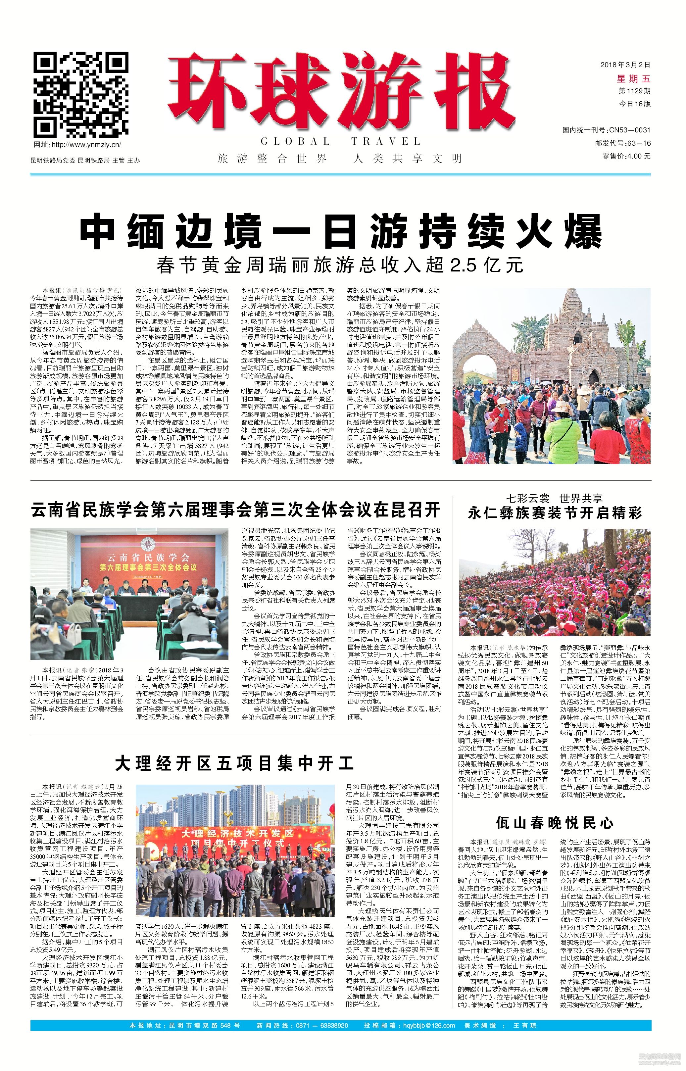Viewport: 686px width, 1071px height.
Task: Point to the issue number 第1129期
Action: [634, 91]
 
